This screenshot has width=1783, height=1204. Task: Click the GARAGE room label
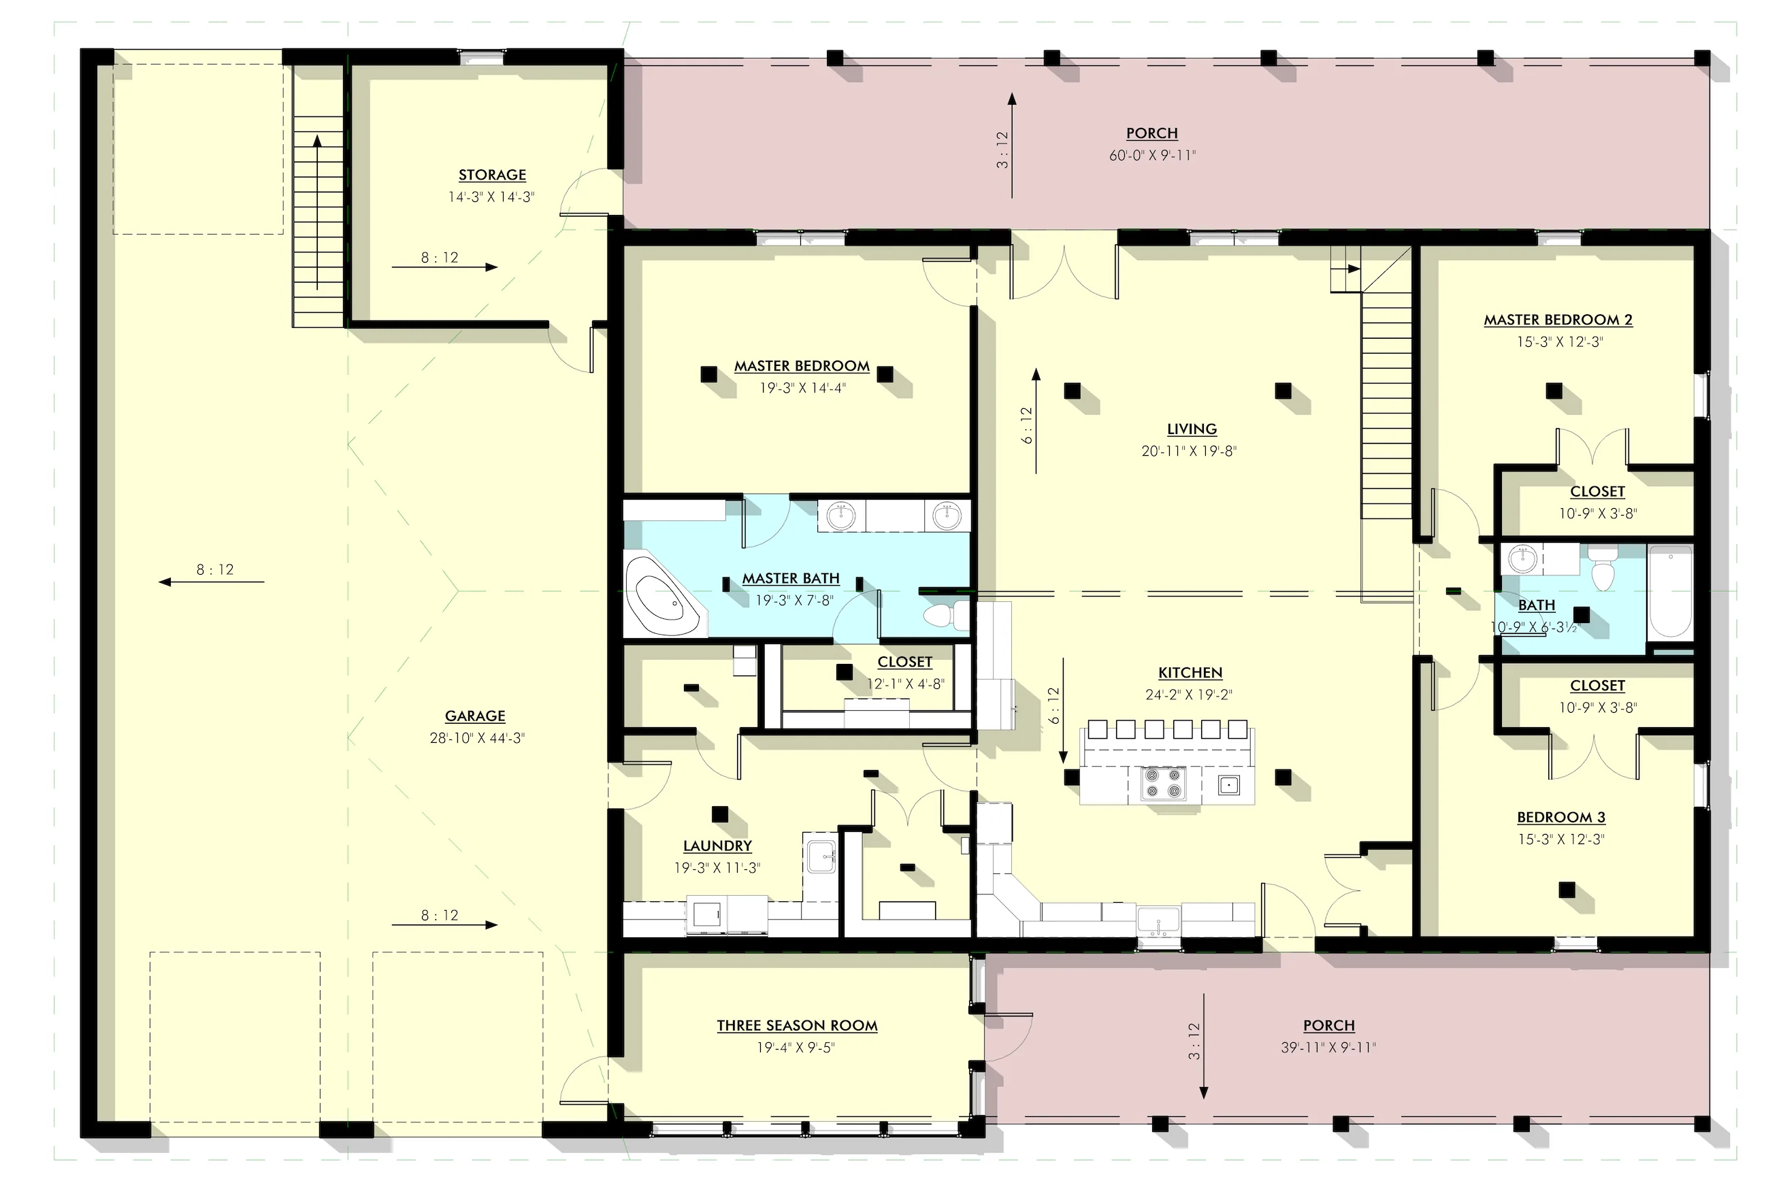coord(475,716)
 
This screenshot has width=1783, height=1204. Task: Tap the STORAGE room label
coord(492,175)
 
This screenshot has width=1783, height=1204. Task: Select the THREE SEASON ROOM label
coord(797,1025)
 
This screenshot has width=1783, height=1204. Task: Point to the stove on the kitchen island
coord(1162,783)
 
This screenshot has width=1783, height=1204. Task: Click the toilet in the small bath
coord(1602,568)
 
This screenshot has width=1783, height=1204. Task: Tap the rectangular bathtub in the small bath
coord(1670,591)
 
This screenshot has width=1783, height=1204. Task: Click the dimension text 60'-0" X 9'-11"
coord(1152,156)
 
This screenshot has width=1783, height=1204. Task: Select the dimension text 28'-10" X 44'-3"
coord(476,739)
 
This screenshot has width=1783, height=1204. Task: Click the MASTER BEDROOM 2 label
coord(1558,320)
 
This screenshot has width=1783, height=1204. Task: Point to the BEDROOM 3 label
coord(1561,818)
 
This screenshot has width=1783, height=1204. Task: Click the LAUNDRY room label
coord(717,846)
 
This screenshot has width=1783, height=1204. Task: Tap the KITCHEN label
coord(1190,673)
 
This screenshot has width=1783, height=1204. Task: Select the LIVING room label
coord(1192,429)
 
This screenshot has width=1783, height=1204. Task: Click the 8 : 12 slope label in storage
coord(440,258)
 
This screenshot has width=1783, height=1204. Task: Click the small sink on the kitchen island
coord(1228,784)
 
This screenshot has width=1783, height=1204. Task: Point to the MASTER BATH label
coord(790,578)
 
